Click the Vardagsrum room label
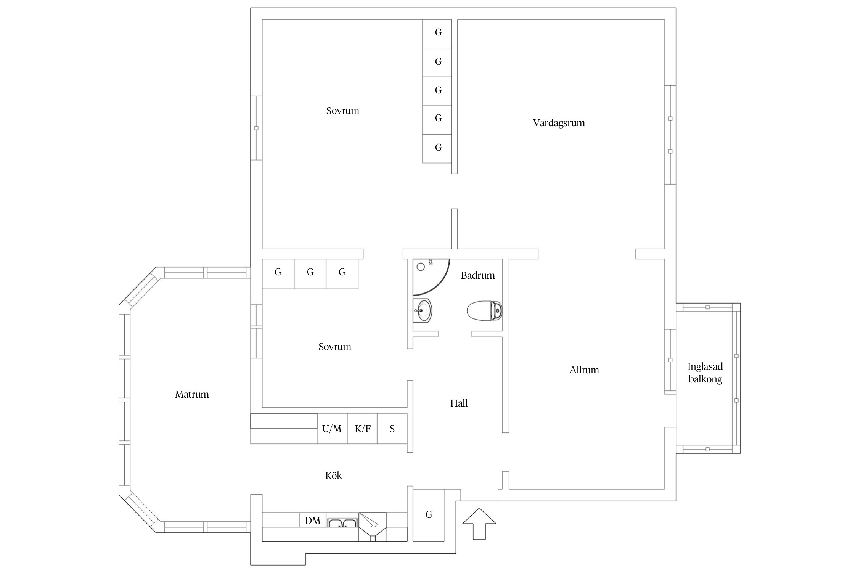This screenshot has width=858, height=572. pyautogui.click(x=559, y=123)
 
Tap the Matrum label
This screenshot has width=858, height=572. pyautogui.click(x=192, y=394)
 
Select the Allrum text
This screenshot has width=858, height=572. pyautogui.click(x=584, y=370)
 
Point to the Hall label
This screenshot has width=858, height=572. pyautogui.click(x=459, y=403)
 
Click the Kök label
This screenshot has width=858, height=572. pyautogui.click(x=333, y=476)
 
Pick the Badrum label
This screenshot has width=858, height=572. pyautogui.click(x=478, y=275)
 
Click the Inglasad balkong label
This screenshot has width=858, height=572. pyautogui.click(x=705, y=373)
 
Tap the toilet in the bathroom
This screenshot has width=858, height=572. pyautogui.click(x=484, y=311)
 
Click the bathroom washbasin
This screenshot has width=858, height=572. pyautogui.click(x=423, y=310)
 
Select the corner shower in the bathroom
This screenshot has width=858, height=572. pyautogui.click(x=431, y=277)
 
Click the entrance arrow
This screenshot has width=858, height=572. pyautogui.click(x=479, y=524)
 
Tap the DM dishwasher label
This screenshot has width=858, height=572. pyautogui.click(x=313, y=521)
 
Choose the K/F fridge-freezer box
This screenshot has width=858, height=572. pyautogui.click(x=362, y=429)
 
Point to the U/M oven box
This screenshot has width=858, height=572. pyautogui.click(x=332, y=429)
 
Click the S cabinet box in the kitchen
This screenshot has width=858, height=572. pyautogui.click(x=392, y=429)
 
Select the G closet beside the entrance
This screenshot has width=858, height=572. pyautogui.click(x=429, y=515)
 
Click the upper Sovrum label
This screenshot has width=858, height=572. pyautogui.click(x=342, y=111)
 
